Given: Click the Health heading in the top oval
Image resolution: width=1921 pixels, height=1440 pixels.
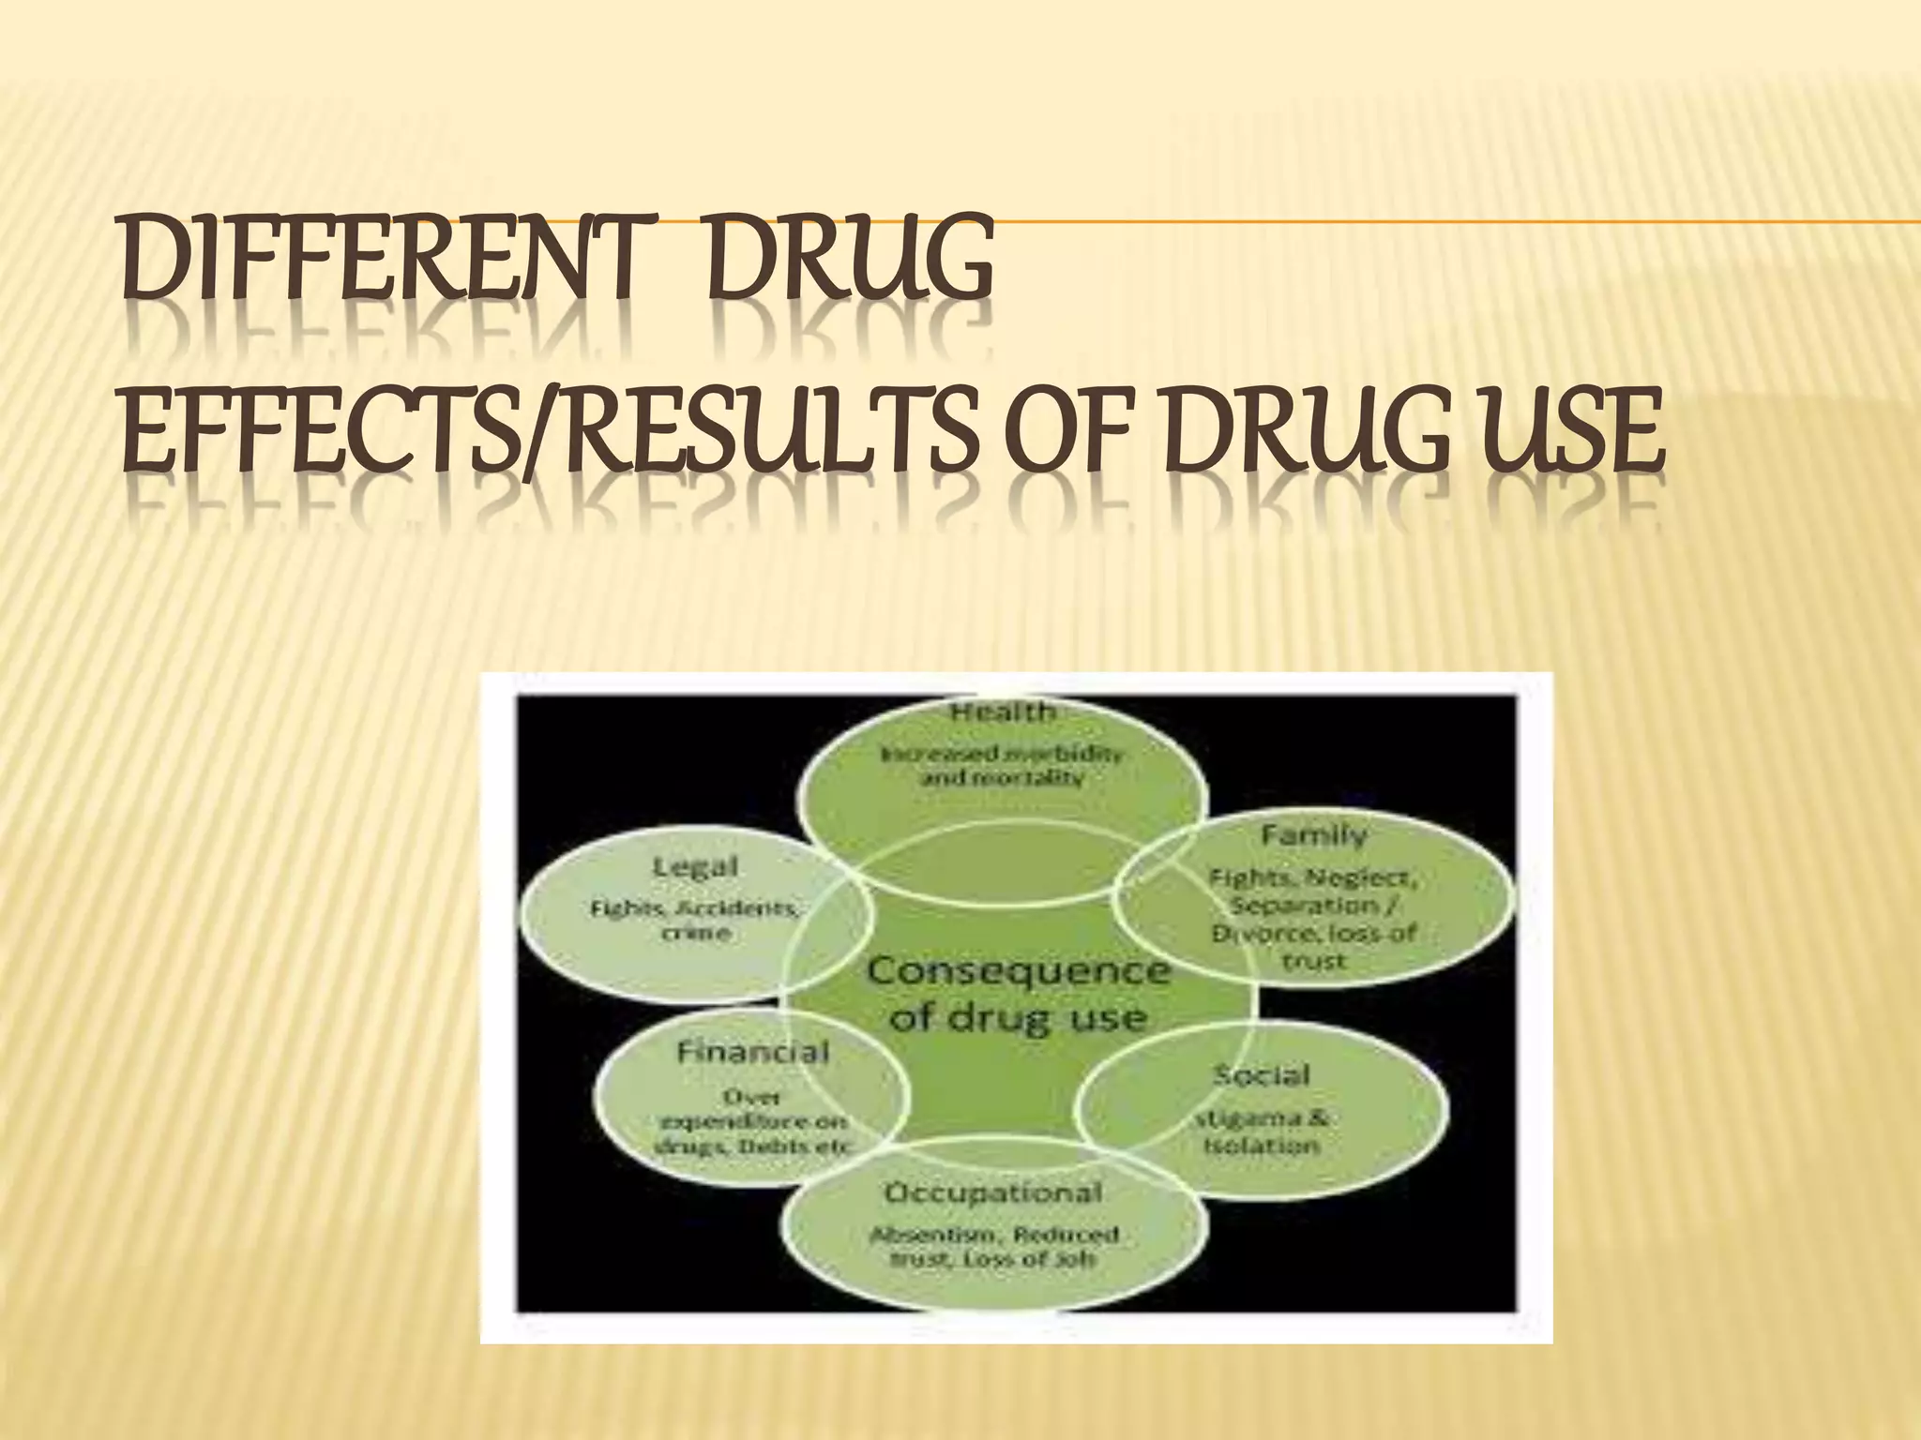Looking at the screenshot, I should [x=1003, y=712].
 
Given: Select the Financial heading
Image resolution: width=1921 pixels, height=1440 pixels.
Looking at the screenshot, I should [x=753, y=1052].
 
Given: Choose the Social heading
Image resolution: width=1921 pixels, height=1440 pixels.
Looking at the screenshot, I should [x=1261, y=1075].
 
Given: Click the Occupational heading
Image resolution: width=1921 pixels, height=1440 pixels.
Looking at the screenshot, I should [x=993, y=1192].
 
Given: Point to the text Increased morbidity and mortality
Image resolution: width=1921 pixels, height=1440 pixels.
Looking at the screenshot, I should [x=1003, y=766].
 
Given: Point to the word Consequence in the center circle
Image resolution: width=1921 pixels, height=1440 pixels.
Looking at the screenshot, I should [x=1018, y=970].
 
